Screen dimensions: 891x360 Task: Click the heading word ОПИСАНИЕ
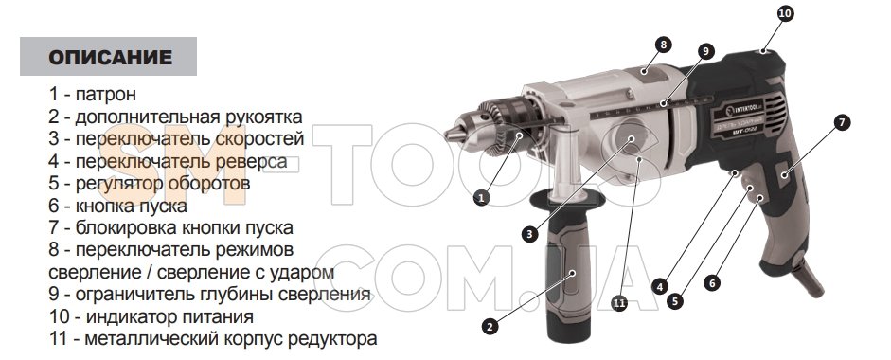(110, 58)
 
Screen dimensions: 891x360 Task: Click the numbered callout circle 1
(481, 197)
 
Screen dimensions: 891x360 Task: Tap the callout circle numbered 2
(490, 326)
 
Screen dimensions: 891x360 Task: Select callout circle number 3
(529, 233)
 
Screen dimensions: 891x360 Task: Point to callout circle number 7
(842, 122)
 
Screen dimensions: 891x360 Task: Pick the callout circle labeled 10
(785, 13)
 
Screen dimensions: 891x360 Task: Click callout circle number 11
(619, 303)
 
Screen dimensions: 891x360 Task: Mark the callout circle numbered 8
(663, 45)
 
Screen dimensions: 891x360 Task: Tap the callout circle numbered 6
(712, 282)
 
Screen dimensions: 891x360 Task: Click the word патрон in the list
(106, 95)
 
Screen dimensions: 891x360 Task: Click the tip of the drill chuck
(447, 135)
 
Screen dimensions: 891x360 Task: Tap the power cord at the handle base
(811, 279)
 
